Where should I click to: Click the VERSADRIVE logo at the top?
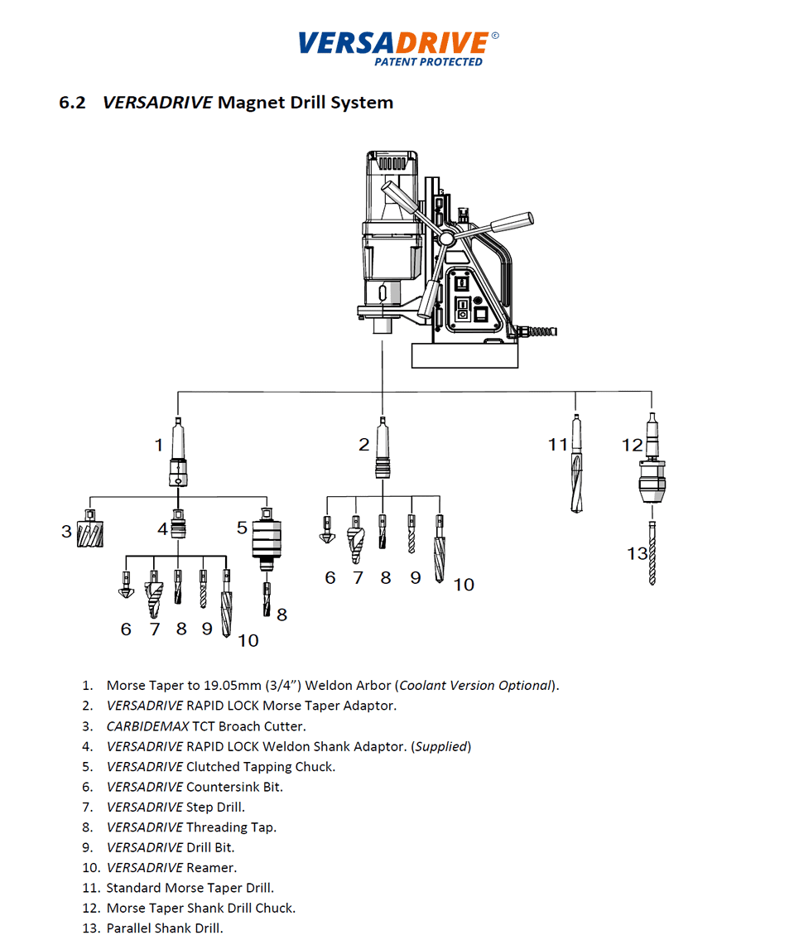tap(396, 42)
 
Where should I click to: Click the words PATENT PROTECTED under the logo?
tap(428, 62)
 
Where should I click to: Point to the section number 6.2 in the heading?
tap(72, 103)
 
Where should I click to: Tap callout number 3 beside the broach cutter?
tap(66, 531)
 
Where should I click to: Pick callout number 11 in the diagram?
tap(558, 445)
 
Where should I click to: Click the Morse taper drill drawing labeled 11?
tap(576, 464)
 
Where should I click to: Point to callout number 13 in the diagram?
tap(637, 553)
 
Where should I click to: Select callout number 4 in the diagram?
tap(163, 528)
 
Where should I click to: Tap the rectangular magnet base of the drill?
tap(465, 354)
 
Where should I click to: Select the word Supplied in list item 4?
tap(442, 746)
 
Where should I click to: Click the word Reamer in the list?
tap(211, 867)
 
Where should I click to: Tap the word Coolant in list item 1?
tap(425, 686)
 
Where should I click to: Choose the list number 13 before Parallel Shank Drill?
tap(90, 928)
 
